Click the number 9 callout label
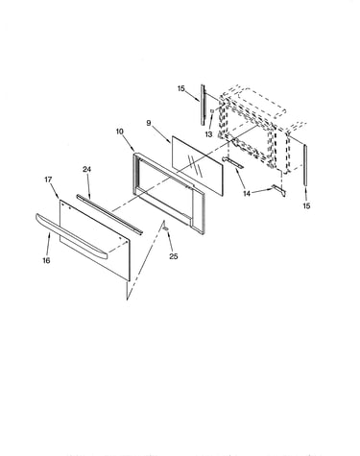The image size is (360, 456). pos(149,123)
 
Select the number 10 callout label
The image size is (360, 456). pos(120,132)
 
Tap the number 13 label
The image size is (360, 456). pos(208,134)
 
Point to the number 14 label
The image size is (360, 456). pos(247,194)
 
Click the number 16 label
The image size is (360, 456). pos(46,260)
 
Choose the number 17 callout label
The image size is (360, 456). pos(48,180)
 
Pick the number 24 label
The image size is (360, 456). pos(87,169)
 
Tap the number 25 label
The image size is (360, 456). pos(174,256)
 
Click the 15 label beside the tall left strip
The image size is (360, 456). pos(181,88)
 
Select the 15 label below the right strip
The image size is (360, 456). pos(306,205)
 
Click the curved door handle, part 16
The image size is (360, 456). pos(71,235)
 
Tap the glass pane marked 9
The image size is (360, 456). pos(197,165)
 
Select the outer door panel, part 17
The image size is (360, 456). pos(95,241)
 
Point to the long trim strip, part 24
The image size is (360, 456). pos(109,214)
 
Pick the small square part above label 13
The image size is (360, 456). pos(212,110)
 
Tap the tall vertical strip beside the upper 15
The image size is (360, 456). pos(203,105)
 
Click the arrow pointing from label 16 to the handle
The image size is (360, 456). pos(48,245)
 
